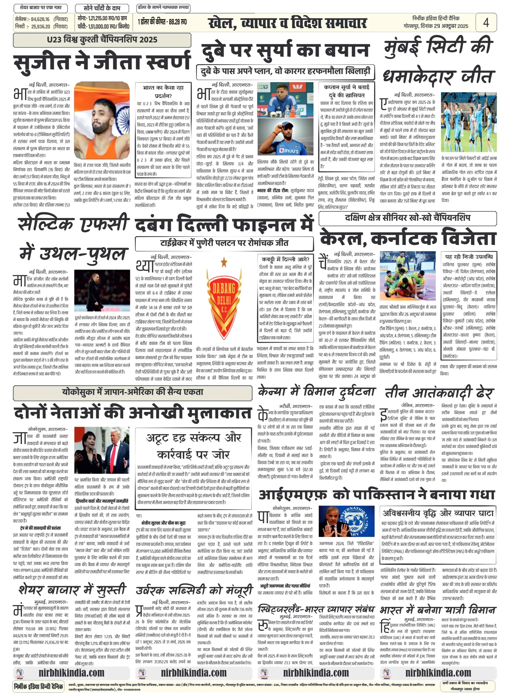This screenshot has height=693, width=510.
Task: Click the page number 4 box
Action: coord(486,22)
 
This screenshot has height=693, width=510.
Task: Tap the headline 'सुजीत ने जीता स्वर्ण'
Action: coord(102,61)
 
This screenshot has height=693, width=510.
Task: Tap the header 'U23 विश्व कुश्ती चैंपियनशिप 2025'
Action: coord(102,40)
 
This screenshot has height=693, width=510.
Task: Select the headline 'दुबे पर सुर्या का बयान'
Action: coord(285,50)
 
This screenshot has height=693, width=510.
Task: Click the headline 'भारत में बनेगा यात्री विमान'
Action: coord(438,610)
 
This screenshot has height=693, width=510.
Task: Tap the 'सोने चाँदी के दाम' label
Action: coord(102,8)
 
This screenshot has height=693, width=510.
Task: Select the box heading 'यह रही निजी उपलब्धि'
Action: coord(469,257)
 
